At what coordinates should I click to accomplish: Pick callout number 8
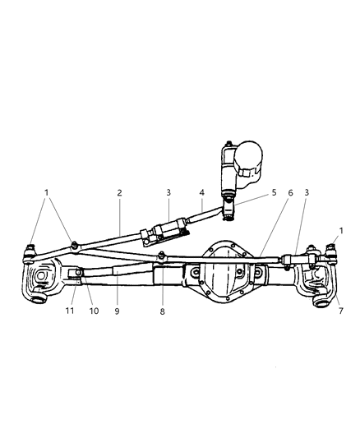pyautogui.click(x=163, y=312)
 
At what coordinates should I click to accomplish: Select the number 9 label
pyautogui.click(x=117, y=312)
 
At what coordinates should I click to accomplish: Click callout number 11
pyautogui.click(x=68, y=312)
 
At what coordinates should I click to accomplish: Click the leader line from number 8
pyautogui.click(x=163, y=288)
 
